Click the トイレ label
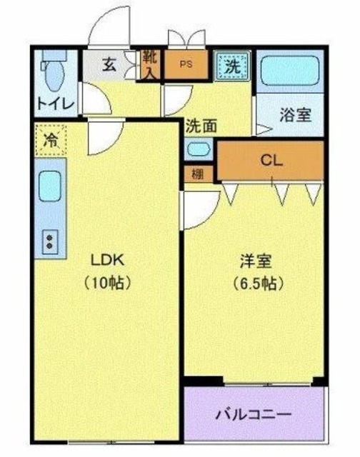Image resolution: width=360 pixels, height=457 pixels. click(x=55, y=104)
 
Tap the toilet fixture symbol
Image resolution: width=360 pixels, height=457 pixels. click(x=51, y=71)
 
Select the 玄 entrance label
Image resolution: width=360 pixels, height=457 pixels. click(x=108, y=64)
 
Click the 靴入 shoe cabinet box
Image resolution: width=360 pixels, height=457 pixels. click(x=150, y=64)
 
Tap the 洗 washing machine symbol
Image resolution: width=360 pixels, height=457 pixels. click(x=231, y=65)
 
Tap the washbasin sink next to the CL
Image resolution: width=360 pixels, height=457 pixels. click(x=199, y=151)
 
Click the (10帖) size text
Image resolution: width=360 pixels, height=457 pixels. click(x=106, y=283)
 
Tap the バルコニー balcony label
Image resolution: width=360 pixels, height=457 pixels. click(x=253, y=415)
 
